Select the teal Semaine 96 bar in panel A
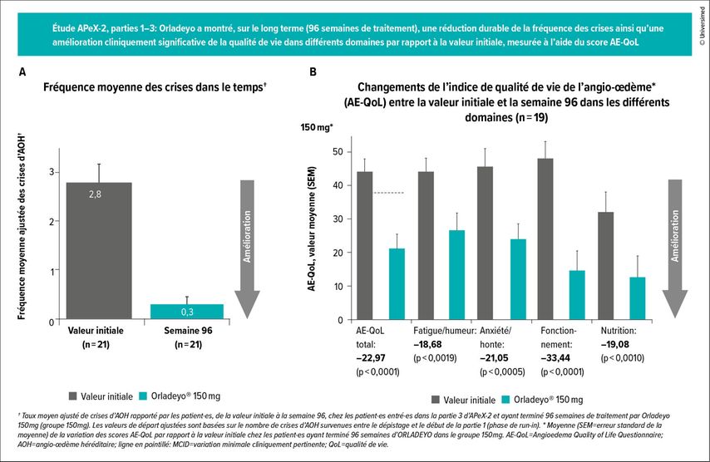tap(187, 312)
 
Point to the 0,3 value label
tap(187, 312)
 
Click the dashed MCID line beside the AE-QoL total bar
tap(388, 193)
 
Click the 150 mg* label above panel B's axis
tap(316, 127)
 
